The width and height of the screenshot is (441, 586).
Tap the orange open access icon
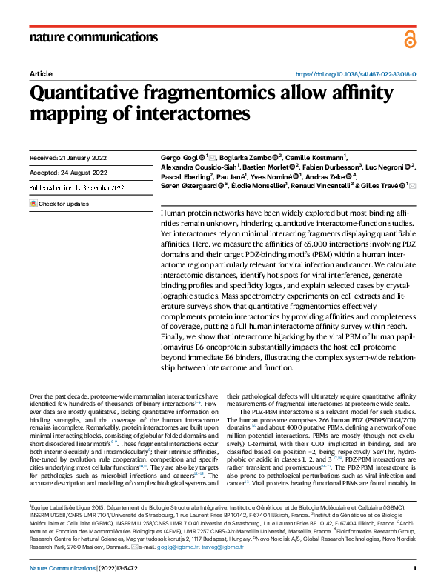(x=410, y=39)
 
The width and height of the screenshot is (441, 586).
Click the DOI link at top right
(x=356, y=75)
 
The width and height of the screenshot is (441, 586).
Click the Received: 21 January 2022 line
(x=68, y=158)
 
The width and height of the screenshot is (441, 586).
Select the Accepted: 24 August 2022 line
(x=68, y=173)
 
